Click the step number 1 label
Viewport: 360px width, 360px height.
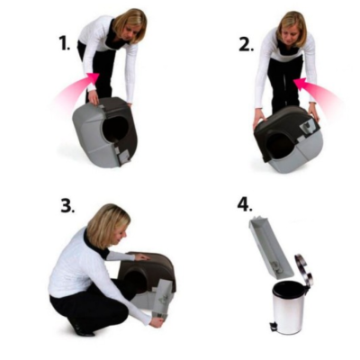pos(64,41)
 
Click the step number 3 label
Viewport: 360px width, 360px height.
pos(67,205)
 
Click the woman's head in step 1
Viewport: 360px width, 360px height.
pos(130,22)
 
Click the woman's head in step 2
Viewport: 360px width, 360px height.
pos(292,24)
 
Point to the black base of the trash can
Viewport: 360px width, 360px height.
pos(290,330)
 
